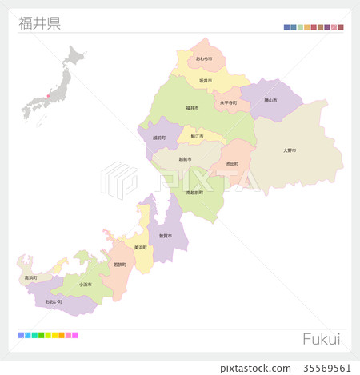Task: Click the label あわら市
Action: tap(203, 58)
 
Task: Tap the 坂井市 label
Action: tap(205, 81)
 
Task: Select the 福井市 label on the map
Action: tap(192, 108)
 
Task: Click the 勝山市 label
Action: tap(270, 100)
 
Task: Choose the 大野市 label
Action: tap(290, 150)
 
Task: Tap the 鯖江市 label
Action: tap(197, 137)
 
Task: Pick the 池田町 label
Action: tap(232, 164)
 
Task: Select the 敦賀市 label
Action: tap(165, 237)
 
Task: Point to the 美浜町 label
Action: tap(141, 247)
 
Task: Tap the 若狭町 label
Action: tap(120, 264)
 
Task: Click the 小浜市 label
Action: tap(85, 284)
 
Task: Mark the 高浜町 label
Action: tap(30, 277)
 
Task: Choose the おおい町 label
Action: tap(54, 302)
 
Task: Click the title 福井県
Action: tap(39, 22)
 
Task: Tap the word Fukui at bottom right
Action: tap(321, 339)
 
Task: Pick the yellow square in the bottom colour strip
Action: tap(54, 335)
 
